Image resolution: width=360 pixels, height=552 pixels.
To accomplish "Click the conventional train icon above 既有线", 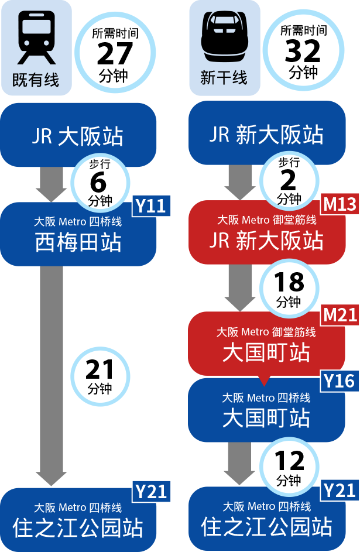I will coord(36,37).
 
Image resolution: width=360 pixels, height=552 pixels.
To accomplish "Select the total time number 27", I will coord(115,54).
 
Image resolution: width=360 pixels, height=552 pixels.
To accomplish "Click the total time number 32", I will coord(303,52).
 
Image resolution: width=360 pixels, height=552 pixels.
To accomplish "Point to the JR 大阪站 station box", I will coord(78,136).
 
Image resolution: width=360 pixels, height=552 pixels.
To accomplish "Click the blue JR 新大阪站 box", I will coord(266,135).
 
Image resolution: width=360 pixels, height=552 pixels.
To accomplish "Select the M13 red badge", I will coord(340,204).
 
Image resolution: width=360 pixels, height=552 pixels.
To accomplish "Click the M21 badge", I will coord(340,315).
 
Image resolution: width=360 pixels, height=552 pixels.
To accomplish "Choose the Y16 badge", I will coord(340,382).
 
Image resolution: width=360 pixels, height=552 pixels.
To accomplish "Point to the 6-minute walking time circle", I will coord(100,183).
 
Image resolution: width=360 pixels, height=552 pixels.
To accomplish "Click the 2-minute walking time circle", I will coord(289,181).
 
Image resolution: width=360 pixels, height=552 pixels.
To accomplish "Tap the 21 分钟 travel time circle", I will coord(100,376).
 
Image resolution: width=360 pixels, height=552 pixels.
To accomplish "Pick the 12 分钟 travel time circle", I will coord(289,467).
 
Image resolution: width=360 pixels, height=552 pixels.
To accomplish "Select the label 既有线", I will coord(36,80).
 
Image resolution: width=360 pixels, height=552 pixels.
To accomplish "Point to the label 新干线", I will coord(224,78).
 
